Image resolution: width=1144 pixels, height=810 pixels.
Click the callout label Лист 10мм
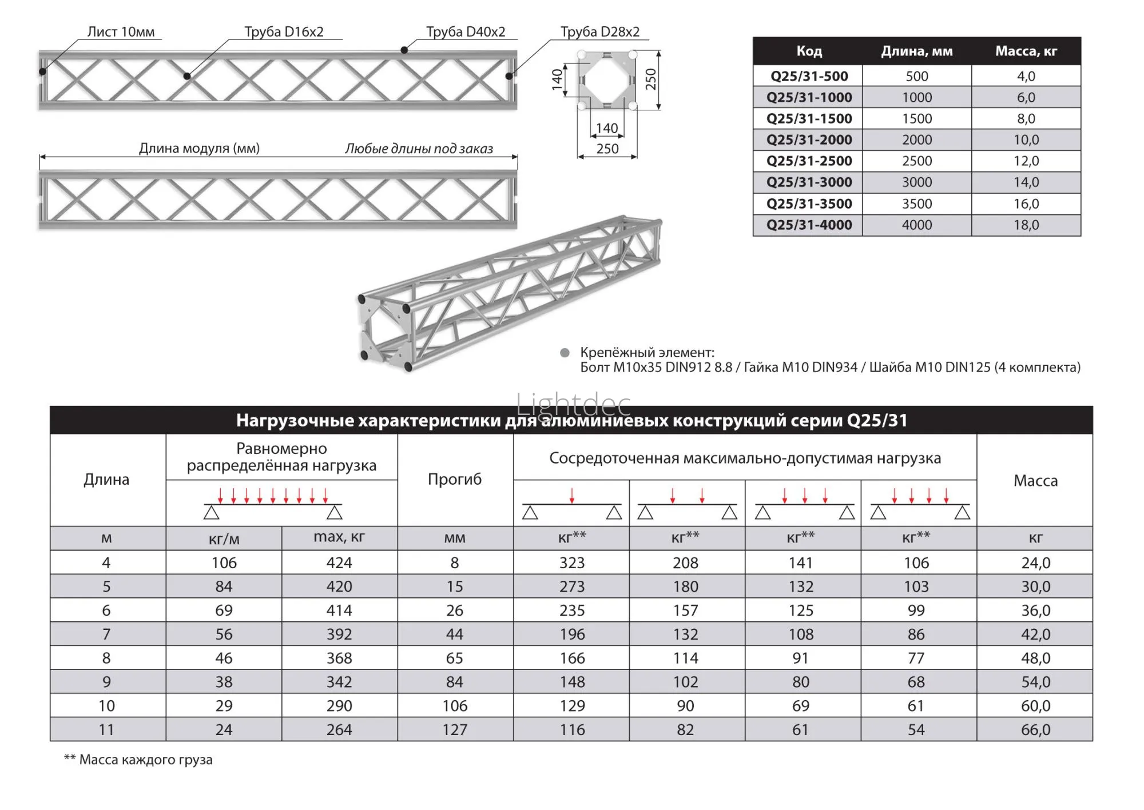[x=121, y=32]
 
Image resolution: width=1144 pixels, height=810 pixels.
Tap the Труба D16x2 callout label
[x=284, y=32]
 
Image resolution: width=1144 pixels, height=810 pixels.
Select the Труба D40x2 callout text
[x=466, y=32]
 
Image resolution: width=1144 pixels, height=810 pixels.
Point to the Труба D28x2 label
[x=599, y=32]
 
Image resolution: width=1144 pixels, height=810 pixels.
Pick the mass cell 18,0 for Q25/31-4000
[x=1026, y=225]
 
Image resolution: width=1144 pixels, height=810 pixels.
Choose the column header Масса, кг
[x=1026, y=51]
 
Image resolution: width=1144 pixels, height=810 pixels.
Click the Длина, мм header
[x=916, y=51]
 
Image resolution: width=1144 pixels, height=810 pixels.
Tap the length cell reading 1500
[x=916, y=119]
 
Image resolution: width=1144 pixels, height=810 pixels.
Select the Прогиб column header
[x=455, y=479]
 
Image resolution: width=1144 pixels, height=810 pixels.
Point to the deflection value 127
[x=455, y=730]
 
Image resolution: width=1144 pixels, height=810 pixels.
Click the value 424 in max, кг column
[x=339, y=563]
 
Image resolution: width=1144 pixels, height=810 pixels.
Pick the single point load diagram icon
[x=571, y=504]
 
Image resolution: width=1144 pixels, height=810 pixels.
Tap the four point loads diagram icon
[x=919, y=504]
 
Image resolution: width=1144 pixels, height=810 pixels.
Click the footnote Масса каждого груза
[x=138, y=760]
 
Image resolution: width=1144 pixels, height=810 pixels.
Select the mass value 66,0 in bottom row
[x=1035, y=730]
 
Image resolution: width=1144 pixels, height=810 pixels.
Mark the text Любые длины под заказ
[x=419, y=149]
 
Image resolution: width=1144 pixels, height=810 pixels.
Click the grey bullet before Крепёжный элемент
[x=565, y=353]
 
